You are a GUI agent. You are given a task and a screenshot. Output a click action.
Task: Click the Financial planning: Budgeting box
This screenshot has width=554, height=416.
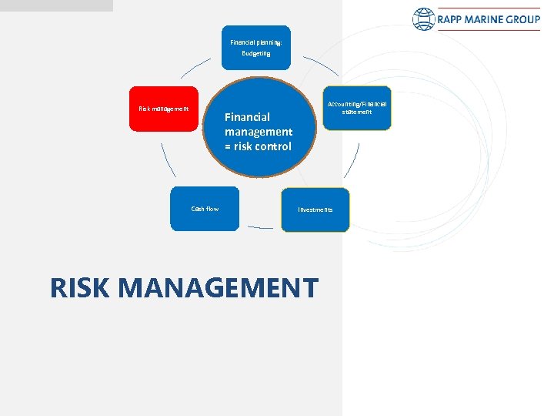click(x=256, y=47)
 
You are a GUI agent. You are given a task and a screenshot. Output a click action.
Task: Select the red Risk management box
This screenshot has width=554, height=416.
click(x=163, y=109)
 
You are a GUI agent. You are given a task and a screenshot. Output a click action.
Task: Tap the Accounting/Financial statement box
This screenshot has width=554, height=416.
click(x=357, y=108)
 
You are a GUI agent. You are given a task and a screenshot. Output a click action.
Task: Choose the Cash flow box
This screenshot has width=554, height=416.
click(x=205, y=209)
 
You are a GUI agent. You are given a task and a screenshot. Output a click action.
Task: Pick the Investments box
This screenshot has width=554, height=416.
click(x=315, y=210)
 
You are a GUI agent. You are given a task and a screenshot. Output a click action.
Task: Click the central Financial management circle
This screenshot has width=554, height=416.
click(x=259, y=127)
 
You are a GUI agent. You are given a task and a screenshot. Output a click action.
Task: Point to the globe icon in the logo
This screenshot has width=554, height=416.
click(x=423, y=19)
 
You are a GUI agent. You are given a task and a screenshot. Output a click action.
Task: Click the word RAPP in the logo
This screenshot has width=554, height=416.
click(x=454, y=19)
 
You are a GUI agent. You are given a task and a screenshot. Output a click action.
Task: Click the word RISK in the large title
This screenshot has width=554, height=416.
click(x=81, y=287)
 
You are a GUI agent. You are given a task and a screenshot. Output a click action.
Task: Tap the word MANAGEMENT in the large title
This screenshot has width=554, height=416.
click(x=219, y=287)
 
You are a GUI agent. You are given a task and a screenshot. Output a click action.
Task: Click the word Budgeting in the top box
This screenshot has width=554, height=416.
click(x=256, y=54)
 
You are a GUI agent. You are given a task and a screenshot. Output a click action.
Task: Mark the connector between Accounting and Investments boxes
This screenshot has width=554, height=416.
click(x=352, y=162)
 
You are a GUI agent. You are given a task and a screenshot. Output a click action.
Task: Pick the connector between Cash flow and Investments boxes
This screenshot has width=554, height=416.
click(x=260, y=228)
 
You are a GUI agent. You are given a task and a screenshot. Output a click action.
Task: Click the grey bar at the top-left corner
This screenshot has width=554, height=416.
click(x=55, y=5)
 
